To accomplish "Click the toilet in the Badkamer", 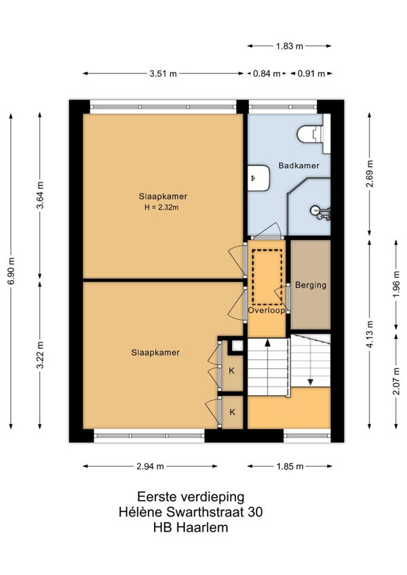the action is [x=311, y=134].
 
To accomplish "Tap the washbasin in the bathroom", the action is [x=258, y=178].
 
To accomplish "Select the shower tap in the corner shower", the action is [x=321, y=213].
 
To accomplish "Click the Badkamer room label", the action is [x=298, y=165].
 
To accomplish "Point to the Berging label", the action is [x=311, y=285].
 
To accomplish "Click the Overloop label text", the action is [x=267, y=311].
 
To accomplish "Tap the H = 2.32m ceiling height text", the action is [x=161, y=207].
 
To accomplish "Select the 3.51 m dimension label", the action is [x=163, y=74].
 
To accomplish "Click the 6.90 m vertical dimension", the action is [x=12, y=271].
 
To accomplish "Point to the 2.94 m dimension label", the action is [x=150, y=467].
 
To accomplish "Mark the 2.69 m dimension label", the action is [x=370, y=174].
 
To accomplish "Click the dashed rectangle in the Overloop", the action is [x=267, y=277].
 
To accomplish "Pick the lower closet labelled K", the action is [x=232, y=412].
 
